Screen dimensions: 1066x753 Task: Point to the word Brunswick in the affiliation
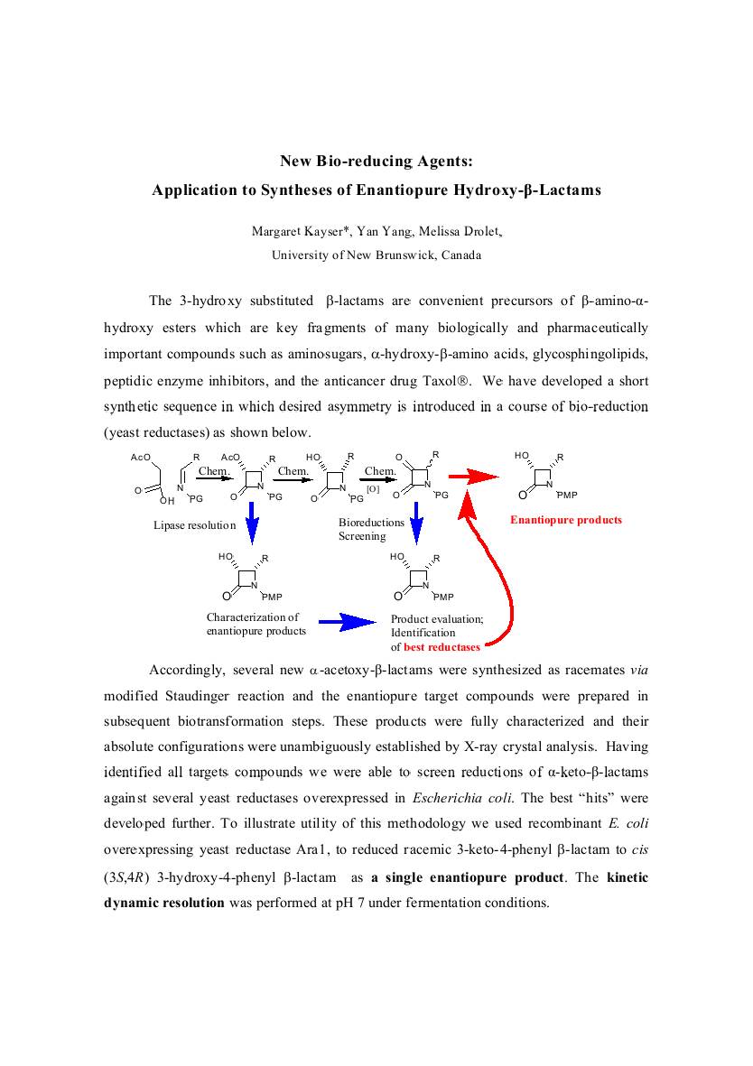[x=398, y=255]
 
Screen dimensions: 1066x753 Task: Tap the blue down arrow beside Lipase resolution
[x=253, y=524]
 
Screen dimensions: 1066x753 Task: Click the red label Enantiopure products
[x=566, y=520]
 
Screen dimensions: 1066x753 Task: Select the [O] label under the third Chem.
[x=373, y=488]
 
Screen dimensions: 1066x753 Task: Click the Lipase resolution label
[x=194, y=525]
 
